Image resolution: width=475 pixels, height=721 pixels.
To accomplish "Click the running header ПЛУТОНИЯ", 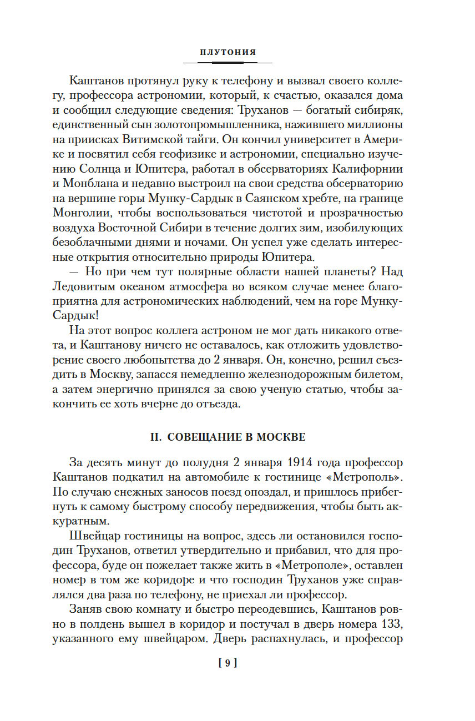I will (x=228, y=52).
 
